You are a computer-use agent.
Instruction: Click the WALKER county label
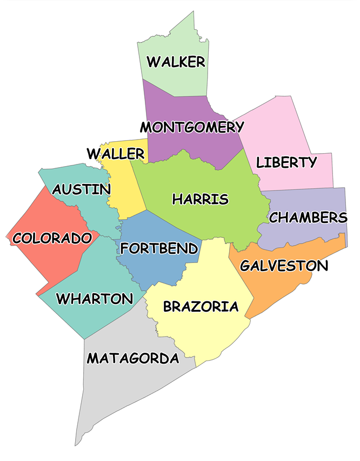pos(176,62)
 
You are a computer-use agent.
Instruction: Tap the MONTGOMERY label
pos(192,127)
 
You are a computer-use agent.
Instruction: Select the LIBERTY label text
pos(286,162)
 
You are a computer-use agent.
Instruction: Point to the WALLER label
pos(116,154)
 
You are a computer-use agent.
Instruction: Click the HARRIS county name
pos(201,199)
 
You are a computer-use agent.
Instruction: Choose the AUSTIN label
pos(82,189)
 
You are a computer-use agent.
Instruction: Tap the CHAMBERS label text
pos(308,218)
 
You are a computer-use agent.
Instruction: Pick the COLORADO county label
pos(52,238)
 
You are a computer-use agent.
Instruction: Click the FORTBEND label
pos(159,248)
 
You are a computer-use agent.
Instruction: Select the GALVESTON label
pos(284,266)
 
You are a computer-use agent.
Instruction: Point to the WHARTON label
pos(95,299)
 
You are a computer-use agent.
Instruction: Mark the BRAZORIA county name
pos(201,307)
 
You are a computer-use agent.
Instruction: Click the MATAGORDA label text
pos(133,358)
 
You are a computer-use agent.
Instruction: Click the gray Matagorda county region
pos(124,390)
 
